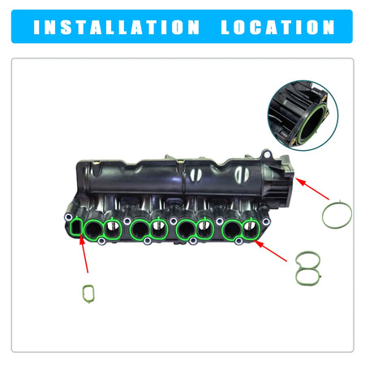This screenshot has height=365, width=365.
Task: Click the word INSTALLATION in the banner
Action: tap(117, 28)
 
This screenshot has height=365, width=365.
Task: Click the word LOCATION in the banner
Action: tap(277, 28)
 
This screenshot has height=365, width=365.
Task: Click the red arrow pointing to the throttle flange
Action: tap(312, 188)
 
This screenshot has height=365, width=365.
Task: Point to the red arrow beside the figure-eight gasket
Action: tap(270, 251)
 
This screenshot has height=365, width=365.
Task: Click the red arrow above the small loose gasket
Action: tap(84, 254)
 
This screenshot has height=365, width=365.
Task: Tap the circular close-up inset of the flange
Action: tap(303, 115)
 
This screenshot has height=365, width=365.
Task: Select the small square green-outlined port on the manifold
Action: tap(76, 228)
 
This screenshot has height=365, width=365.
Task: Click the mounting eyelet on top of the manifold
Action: tap(267, 154)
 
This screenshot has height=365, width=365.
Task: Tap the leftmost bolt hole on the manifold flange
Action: tap(68, 217)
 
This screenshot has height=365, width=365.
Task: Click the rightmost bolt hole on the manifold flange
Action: tap(266, 221)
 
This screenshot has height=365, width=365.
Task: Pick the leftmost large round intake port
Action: tap(92, 230)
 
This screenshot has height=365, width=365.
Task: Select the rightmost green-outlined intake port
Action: tap(251, 229)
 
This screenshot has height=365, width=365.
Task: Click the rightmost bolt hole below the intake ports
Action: tap(238, 241)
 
